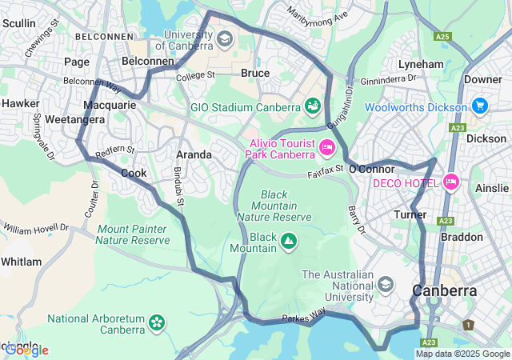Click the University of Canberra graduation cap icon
(225, 38)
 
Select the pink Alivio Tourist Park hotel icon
(326, 146)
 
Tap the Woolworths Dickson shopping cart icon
(479, 106)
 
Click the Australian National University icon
(386, 284)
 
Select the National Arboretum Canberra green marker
(157, 323)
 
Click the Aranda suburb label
(194, 154)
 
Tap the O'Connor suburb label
(372, 169)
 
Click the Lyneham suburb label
(421, 64)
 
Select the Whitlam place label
(21, 262)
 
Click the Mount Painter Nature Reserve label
(133, 234)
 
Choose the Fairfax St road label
(326, 170)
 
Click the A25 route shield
(442, 37)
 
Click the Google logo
(26, 350)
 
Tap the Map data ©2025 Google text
(462, 354)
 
